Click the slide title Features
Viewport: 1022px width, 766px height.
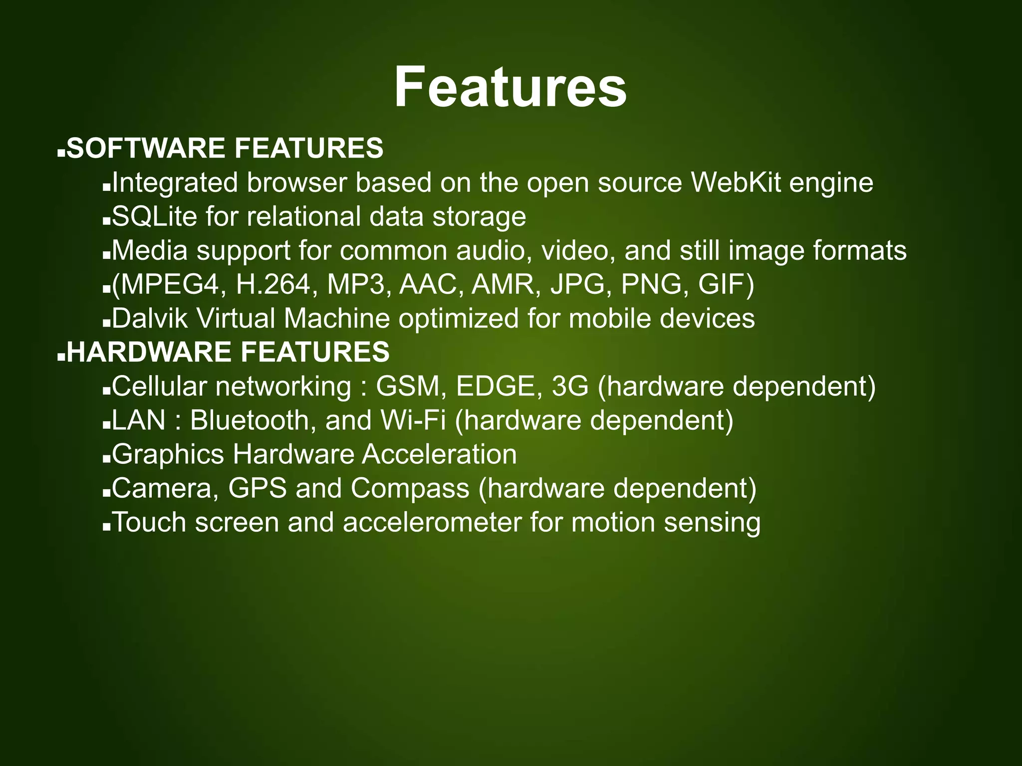tap(510, 87)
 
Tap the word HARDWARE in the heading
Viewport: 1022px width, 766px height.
tap(149, 352)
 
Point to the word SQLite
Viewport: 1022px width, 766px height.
tap(154, 217)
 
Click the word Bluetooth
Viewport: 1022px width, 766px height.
tap(252, 420)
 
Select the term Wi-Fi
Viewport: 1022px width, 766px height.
tap(413, 420)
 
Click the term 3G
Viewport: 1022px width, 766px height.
tap(570, 386)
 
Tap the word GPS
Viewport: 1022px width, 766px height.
tap(257, 488)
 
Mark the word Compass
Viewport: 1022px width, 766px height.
tap(410, 488)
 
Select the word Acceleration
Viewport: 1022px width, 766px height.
tap(440, 454)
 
